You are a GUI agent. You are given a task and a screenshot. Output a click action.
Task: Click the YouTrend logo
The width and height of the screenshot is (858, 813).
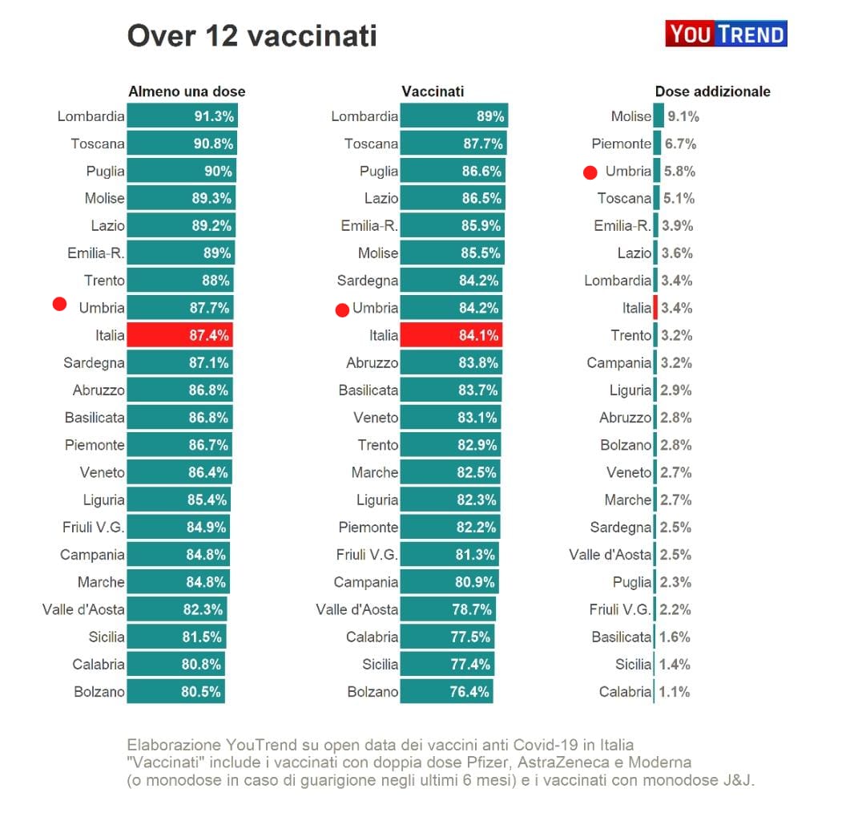click(x=726, y=34)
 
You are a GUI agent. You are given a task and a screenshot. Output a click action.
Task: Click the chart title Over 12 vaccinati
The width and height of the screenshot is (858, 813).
click(x=252, y=36)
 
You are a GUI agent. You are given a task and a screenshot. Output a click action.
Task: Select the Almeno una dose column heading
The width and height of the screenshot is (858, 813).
click(x=187, y=91)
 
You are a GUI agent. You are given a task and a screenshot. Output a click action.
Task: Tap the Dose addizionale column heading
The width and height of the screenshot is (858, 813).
click(x=712, y=91)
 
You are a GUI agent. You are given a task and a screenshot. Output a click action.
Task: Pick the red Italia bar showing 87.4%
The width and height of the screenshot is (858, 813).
click(x=181, y=335)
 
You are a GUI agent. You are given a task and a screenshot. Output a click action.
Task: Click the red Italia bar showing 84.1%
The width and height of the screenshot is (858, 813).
click(x=451, y=335)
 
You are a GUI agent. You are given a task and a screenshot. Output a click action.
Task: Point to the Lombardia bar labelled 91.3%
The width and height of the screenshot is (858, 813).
click(x=182, y=116)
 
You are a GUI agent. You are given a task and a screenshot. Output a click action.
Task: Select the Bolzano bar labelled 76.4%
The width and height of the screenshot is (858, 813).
click(x=446, y=692)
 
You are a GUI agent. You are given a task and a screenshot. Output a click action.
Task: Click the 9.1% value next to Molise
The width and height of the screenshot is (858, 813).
click(x=683, y=116)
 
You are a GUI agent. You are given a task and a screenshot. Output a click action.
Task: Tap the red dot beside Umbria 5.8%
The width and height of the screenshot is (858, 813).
click(x=590, y=172)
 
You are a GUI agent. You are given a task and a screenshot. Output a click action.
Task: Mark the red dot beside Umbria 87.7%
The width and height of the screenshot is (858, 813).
click(x=58, y=304)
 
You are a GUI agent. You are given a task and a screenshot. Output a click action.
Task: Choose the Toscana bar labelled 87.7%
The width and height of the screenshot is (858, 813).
click(x=453, y=144)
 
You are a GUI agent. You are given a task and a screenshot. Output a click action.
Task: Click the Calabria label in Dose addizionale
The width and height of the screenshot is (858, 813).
click(x=625, y=692)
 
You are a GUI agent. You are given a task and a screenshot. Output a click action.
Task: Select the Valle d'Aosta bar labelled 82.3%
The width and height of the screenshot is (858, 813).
click(x=177, y=609)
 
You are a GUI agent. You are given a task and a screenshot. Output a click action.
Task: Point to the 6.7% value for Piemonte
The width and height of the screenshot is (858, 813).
click(x=680, y=144)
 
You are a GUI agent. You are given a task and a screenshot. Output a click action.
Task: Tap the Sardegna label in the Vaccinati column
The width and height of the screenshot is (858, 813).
click(x=368, y=281)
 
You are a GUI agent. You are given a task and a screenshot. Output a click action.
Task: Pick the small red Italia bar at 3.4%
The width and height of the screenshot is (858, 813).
click(x=655, y=308)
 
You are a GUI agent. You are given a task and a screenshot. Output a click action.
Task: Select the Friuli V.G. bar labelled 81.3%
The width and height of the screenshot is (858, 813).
click(x=449, y=555)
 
